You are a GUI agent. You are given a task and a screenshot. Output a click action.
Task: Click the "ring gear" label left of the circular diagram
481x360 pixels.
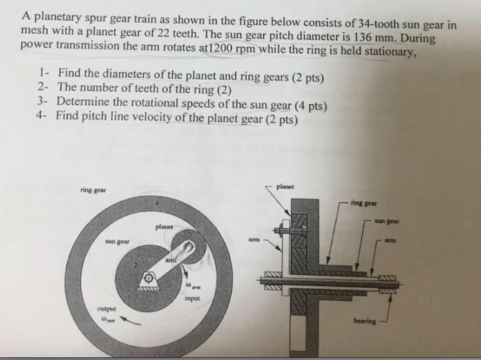click(x=93, y=190)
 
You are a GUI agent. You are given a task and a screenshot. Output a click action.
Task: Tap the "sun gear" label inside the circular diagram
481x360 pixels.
click(x=117, y=241)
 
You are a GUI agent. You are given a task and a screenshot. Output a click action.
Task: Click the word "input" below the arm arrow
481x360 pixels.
click(x=191, y=299)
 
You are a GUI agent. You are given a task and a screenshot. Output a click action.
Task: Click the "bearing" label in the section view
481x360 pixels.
click(x=364, y=321)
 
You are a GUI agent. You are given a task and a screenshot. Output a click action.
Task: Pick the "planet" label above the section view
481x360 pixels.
click(x=284, y=186)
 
